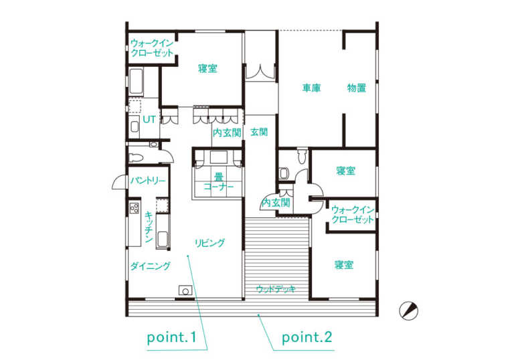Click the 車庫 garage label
[x=311, y=88]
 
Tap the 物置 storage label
[x=357, y=88]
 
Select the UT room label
[x=149, y=120]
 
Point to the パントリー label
[x=148, y=181]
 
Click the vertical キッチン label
[x=149, y=228]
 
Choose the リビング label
[x=209, y=243]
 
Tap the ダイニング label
[x=151, y=266]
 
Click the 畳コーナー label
[x=219, y=181]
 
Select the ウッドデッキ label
[x=276, y=289]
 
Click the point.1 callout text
[x=171, y=337]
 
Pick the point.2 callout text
[x=307, y=337]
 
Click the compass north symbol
[x=409, y=310]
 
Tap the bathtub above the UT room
[x=136, y=82]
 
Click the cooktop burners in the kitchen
[x=135, y=208]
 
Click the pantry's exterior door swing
[x=119, y=183]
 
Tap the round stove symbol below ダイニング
[x=185, y=291]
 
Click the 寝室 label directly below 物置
[x=346, y=171]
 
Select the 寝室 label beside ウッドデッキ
[x=344, y=264]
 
